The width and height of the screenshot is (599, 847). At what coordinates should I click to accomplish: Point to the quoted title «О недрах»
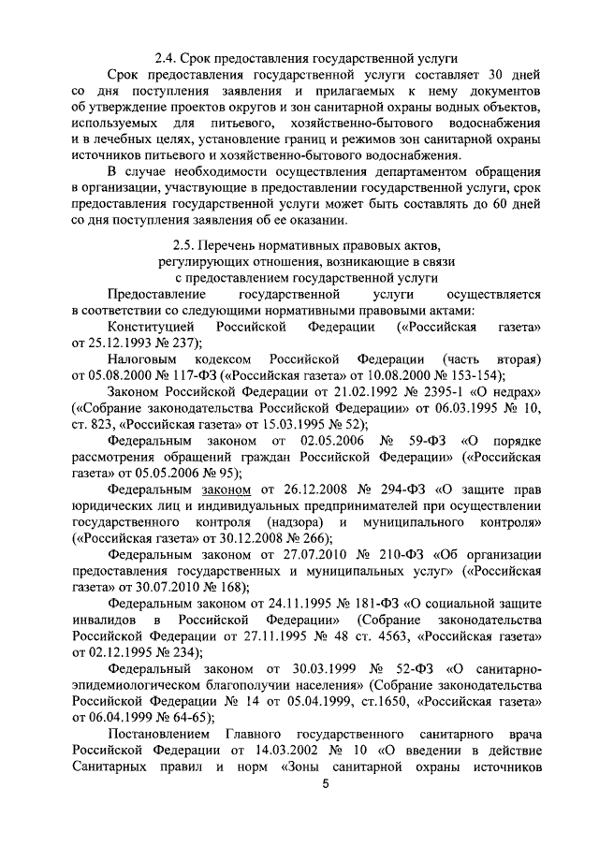[x=501, y=390]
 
